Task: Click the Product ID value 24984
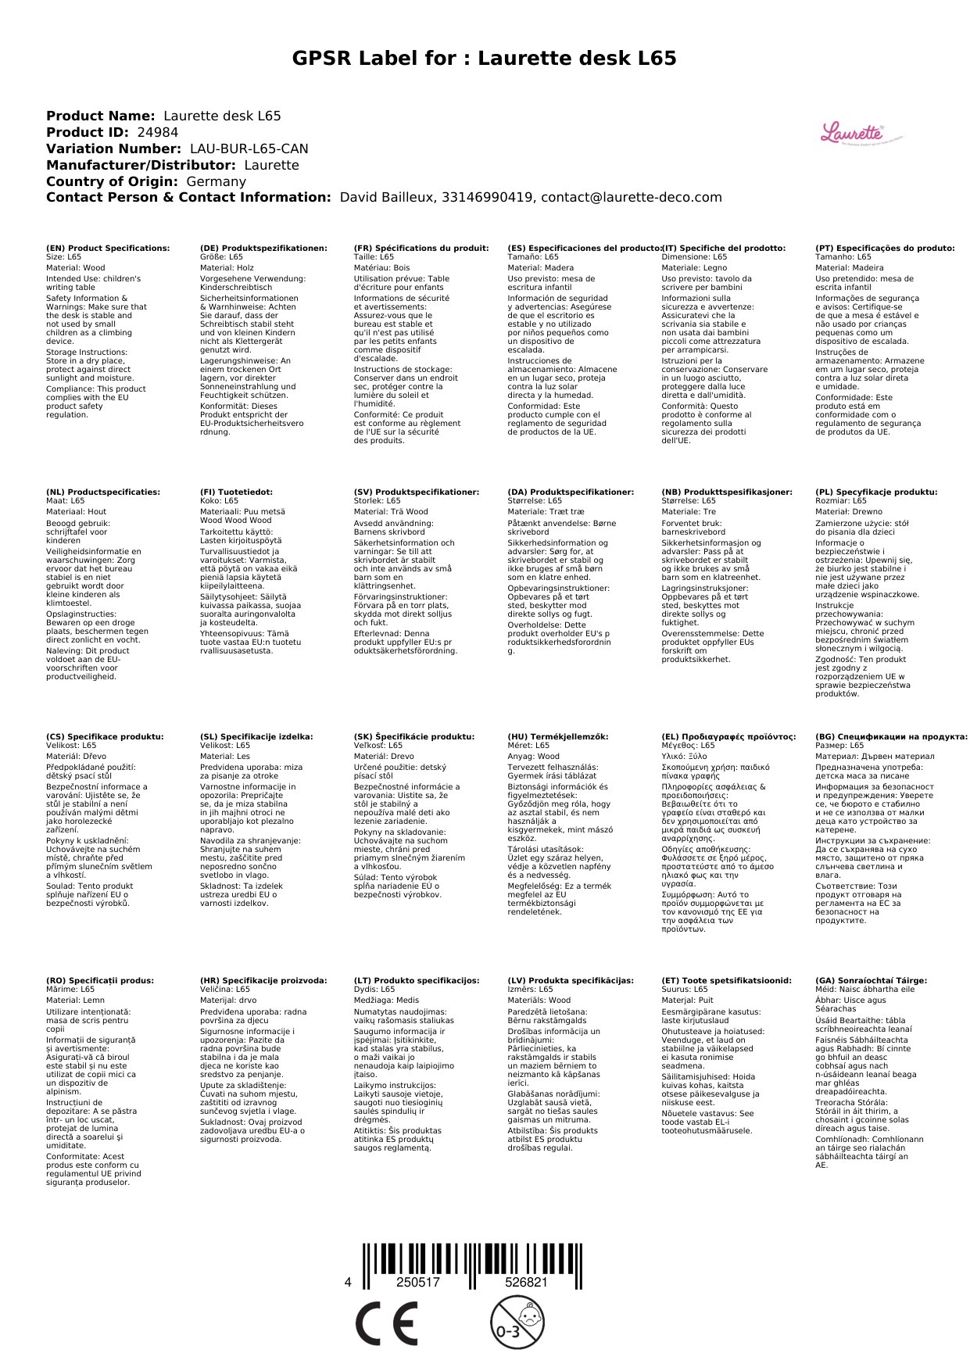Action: [x=157, y=133]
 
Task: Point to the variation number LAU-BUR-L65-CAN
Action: [x=249, y=149]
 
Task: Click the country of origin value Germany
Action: [x=216, y=182]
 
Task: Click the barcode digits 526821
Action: [x=526, y=1282]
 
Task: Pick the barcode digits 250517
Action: [x=418, y=1282]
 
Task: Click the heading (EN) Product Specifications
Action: [x=108, y=249]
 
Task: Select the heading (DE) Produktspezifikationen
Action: [x=263, y=249]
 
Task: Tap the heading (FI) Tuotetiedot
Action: [x=236, y=492]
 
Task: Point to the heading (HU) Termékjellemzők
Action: [x=557, y=736]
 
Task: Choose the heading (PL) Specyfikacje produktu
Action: [x=875, y=492]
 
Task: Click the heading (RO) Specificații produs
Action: [x=100, y=980]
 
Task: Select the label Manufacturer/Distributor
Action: [x=141, y=166]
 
